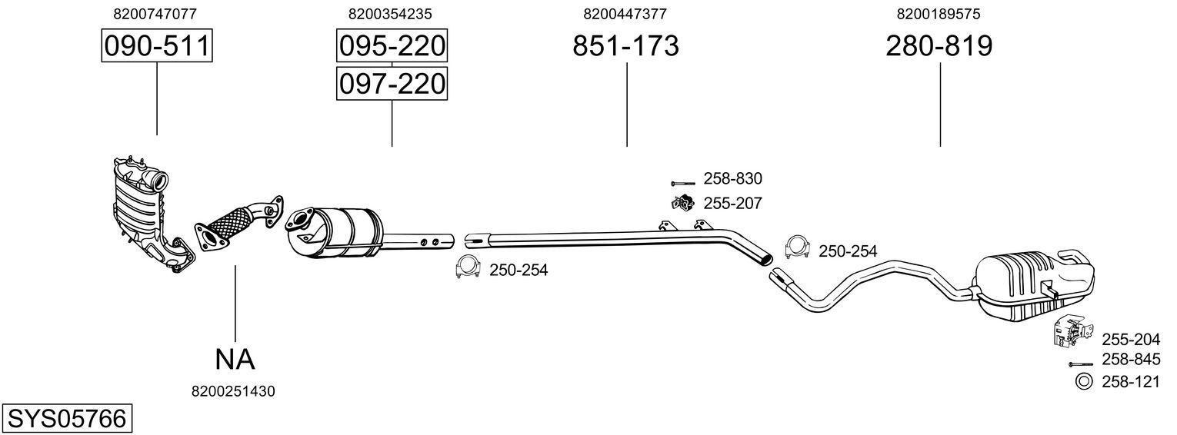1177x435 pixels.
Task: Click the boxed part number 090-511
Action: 157,46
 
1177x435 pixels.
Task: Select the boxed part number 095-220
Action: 392,46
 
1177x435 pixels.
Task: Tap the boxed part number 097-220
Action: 392,83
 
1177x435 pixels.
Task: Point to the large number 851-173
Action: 625,46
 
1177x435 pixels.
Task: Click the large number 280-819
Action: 939,46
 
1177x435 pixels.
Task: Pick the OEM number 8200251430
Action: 233,391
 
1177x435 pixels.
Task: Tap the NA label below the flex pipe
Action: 234,358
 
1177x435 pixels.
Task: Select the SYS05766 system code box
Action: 66,419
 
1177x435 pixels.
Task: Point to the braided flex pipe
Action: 231,223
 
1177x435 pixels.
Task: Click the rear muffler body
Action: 1031,281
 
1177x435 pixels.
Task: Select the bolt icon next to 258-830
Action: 682,183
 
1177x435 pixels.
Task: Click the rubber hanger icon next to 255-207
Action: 681,204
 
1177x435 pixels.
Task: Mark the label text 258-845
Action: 1130,359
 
